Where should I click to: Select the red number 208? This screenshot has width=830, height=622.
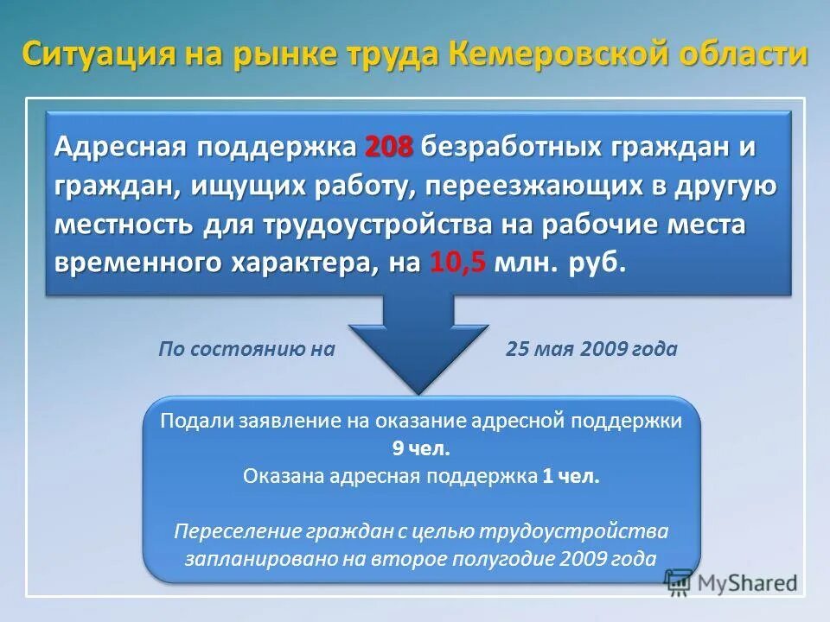389,147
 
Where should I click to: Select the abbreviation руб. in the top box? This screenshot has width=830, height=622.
597,263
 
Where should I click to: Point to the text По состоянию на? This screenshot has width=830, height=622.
246,349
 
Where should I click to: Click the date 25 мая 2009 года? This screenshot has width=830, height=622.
591,349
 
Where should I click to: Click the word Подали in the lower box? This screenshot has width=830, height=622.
190,421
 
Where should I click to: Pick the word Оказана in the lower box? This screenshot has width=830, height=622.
275,476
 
